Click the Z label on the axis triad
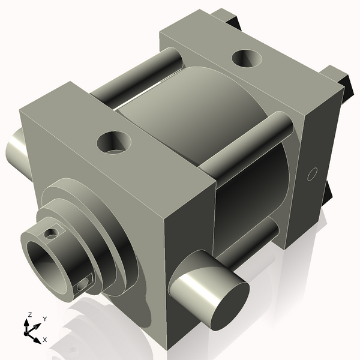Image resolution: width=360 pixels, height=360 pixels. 29,314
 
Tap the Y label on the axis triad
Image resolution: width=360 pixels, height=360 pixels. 45,319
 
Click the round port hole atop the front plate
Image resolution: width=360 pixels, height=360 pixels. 113,142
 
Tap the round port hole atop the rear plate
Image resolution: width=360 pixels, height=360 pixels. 246,58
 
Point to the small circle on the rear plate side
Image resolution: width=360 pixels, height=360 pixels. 311,175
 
